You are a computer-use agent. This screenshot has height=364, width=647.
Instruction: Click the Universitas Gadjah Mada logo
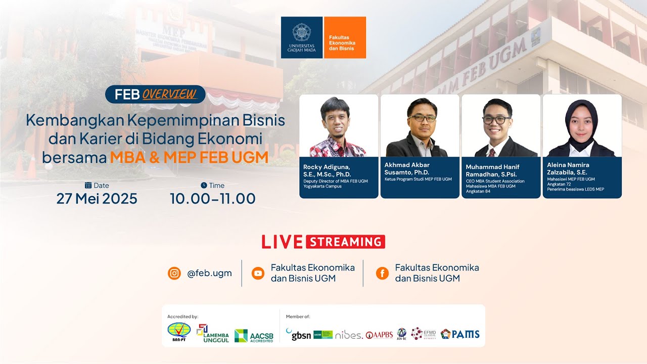coord(302,37)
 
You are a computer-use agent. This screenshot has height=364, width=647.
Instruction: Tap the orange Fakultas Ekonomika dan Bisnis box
coord(345,37)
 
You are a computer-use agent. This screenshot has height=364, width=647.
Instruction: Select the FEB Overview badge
coord(155,94)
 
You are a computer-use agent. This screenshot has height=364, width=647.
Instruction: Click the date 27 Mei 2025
coord(97,199)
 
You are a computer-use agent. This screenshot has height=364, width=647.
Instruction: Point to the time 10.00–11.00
coord(212,199)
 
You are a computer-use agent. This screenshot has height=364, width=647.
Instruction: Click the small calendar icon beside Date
coord(88,185)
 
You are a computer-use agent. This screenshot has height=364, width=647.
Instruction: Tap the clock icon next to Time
coord(204,185)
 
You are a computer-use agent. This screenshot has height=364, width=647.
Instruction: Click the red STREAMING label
coord(345,242)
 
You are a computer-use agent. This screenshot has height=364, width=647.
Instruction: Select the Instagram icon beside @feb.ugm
coord(174,274)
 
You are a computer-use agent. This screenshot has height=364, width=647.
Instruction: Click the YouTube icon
coord(258,274)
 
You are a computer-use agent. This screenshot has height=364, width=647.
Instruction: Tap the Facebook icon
coord(382,274)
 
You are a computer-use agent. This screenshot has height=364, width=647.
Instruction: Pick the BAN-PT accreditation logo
coord(179,332)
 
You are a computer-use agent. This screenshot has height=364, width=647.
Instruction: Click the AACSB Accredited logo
coord(254,336)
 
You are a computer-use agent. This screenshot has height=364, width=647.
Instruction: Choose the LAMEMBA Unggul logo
coord(212,334)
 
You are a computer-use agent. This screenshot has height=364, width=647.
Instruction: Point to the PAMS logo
coord(460,334)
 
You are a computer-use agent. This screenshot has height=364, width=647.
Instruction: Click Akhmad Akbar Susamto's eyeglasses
coord(422,118)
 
